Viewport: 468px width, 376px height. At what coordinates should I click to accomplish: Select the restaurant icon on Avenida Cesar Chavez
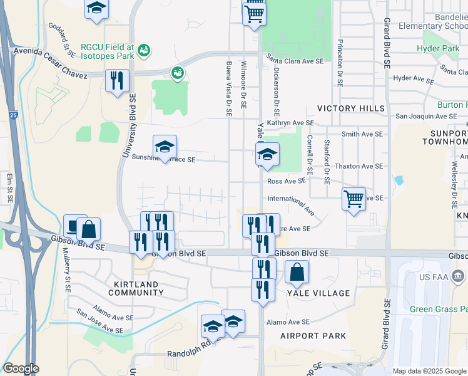tap(117, 81)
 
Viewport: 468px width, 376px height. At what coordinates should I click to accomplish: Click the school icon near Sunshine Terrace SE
tap(165, 148)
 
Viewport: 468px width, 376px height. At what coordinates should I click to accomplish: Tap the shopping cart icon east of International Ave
tap(354, 200)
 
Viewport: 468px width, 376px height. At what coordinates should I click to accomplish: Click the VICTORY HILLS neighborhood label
tap(351, 108)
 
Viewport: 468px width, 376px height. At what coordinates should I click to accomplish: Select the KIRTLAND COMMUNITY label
tap(136, 288)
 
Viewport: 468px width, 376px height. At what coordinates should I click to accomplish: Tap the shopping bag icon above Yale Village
tap(297, 272)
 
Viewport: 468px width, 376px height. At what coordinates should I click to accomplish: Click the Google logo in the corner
tap(21, 368)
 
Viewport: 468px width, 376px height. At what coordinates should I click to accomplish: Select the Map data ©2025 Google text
tap(429, 371)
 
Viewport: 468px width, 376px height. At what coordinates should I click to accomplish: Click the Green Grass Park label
tap(438, 309)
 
